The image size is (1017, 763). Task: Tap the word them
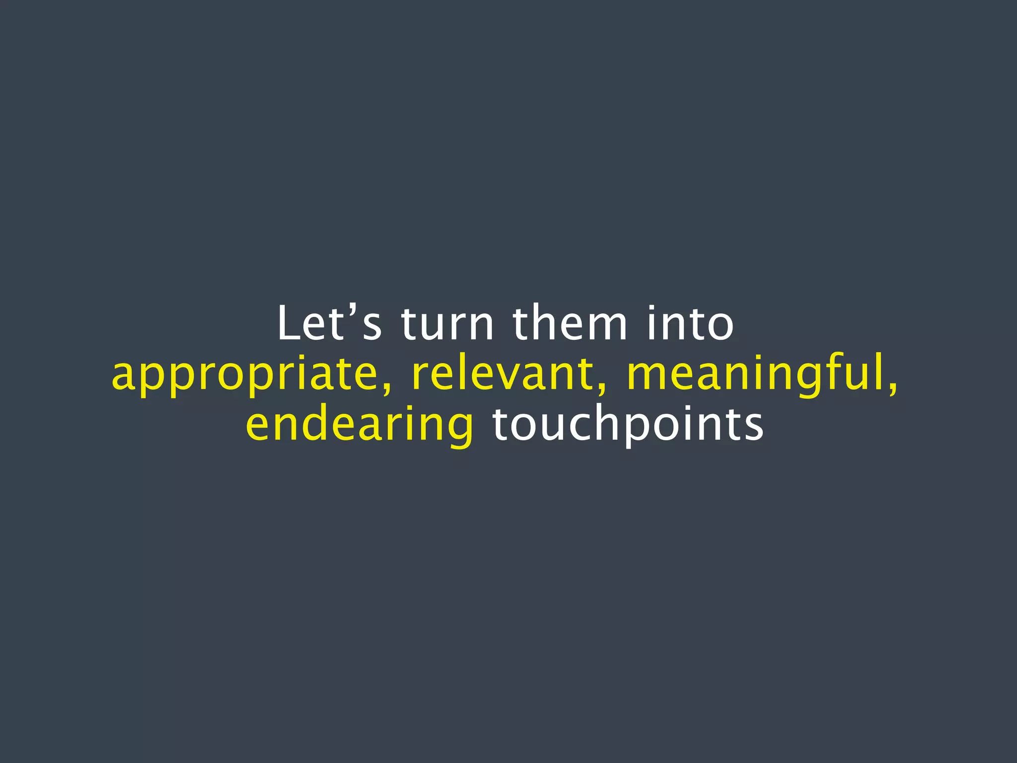click(570, 323)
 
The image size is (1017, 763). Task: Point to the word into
click(690, 323)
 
